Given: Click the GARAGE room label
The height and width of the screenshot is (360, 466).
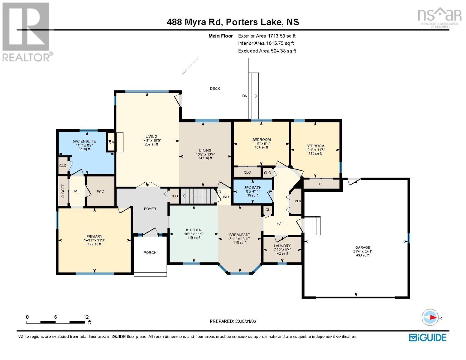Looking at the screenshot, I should [x=363, y=247].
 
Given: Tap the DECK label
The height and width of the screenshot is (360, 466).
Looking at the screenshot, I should [x=215, y=88].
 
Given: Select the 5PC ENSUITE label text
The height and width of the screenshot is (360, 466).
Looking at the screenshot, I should [x=84, y=141].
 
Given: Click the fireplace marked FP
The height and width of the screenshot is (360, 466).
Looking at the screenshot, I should [x=111, y=142].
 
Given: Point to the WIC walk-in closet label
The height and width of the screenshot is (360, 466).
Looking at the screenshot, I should [x=100, y=191].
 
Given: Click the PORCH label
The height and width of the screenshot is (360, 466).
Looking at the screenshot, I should [x=150, y=253].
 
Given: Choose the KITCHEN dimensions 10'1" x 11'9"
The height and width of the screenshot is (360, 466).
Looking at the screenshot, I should [x=194, y=234].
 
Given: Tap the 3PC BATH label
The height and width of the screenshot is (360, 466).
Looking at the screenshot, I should [x=253, y=187].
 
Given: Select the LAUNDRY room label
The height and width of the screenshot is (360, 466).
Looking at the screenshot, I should [x=282, y=246].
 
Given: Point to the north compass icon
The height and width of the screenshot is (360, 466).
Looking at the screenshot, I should [x=430, y=317].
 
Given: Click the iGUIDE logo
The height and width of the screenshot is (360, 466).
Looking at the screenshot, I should [x=428, y=337].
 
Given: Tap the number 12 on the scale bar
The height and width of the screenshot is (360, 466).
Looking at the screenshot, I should [x=86, y=317].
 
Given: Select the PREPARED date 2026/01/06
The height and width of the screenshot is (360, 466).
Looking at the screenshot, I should [x=233, y=321].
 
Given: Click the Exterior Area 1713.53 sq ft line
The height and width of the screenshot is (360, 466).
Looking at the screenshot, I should [x=266, y=36].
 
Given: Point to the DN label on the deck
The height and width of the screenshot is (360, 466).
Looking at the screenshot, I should [x=245, y=96].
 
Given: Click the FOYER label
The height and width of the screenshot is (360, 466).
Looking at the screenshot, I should [x=150, y=209].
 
